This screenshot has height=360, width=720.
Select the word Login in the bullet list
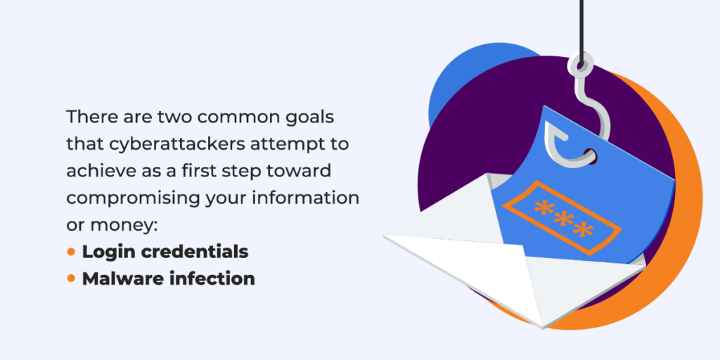coord(105,252)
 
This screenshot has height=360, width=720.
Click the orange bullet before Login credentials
coord(71,252)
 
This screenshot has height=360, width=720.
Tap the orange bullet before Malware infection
coord(71,278)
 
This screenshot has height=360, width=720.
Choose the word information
coord(312,198)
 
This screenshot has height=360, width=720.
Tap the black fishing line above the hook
coord(581,28)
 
